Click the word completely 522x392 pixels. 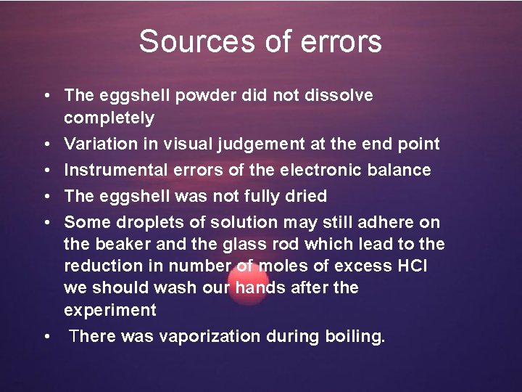click(x=109, y=118)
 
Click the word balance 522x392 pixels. click(x=401, y=170)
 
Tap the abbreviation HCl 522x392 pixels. click(x=412, y=266)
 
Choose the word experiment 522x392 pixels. click(x=109, y=311)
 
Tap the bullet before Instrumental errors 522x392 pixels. click(x=46, y=170)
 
